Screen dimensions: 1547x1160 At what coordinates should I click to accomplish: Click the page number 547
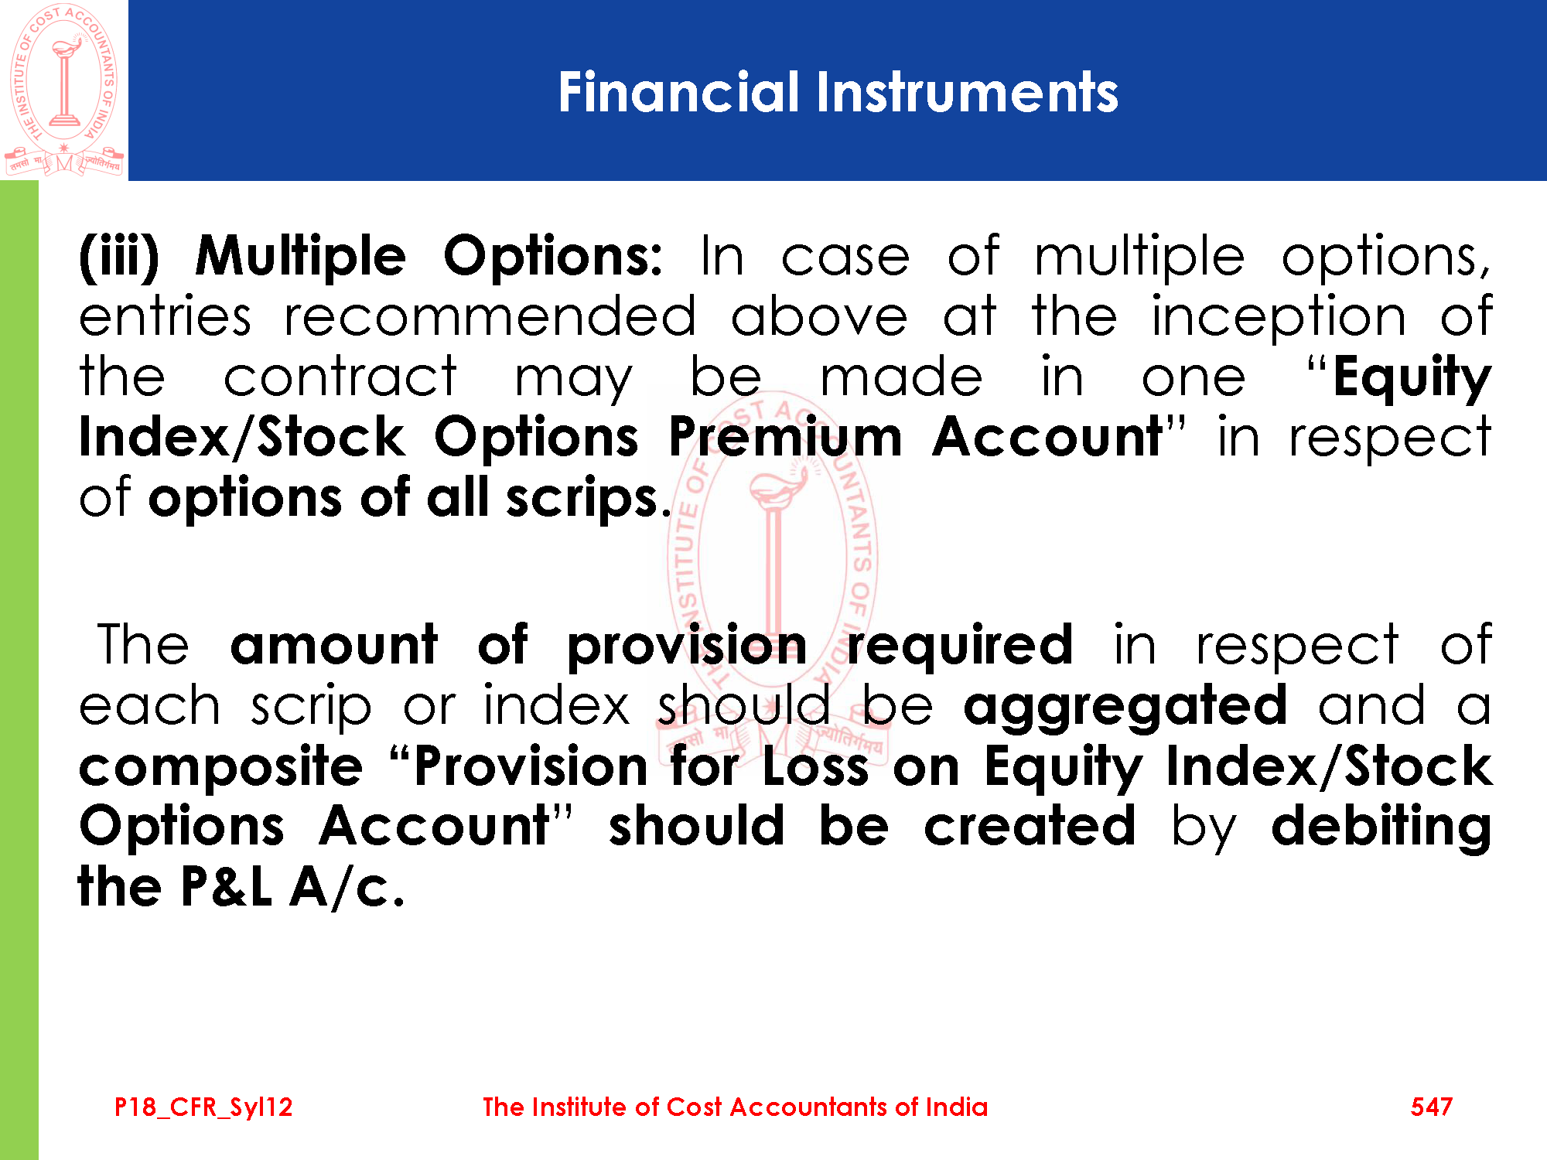[1431, 1107]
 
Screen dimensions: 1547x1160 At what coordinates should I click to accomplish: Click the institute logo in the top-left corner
[64, 90]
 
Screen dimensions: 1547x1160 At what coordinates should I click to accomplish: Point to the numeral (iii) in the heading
[119, 256]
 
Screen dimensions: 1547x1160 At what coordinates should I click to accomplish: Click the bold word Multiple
[300, 258]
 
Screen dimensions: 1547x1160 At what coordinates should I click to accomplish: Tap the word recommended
[490, 316]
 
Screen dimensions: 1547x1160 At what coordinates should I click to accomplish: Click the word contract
[340, 377]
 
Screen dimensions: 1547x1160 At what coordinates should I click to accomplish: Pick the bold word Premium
[785, 437]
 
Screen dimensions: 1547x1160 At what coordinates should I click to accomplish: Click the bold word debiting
[1381, 827]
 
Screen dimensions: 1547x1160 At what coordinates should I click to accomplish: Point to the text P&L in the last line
[226, 886]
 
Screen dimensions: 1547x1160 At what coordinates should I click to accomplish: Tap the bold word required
[960, 647]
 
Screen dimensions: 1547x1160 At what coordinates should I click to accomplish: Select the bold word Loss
[815, 766]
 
